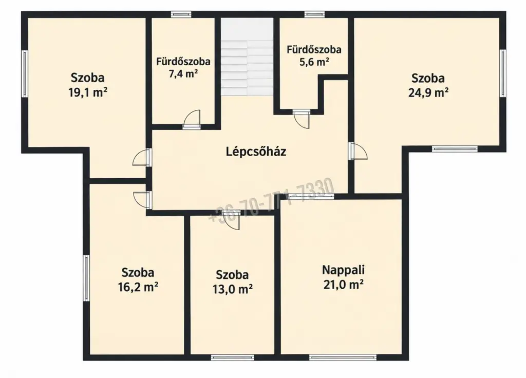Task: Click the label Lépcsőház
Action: pos(256,152)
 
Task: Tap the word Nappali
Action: pos(343,270)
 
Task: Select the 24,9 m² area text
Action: pos(428,92)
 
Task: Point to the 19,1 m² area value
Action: pos(88,92)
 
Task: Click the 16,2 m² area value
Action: pos(138,287)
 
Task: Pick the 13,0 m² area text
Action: pos(233,289)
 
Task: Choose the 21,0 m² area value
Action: pos(344,285)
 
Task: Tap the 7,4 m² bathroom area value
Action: pos(183,74)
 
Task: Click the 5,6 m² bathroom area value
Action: pos(314,62)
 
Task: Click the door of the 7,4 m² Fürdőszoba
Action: pos(192,119)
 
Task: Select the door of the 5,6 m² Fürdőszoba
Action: pos(301,119)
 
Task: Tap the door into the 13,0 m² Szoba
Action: pos(232,220)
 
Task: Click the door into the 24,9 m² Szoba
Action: pos(358,151)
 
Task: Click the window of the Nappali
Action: pos(343,357)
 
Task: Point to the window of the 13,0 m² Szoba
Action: pos(233,357)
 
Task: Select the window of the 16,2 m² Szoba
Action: pos(86,278)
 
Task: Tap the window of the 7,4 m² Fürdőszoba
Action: pos(181,14)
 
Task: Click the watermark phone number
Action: pos(272,200)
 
